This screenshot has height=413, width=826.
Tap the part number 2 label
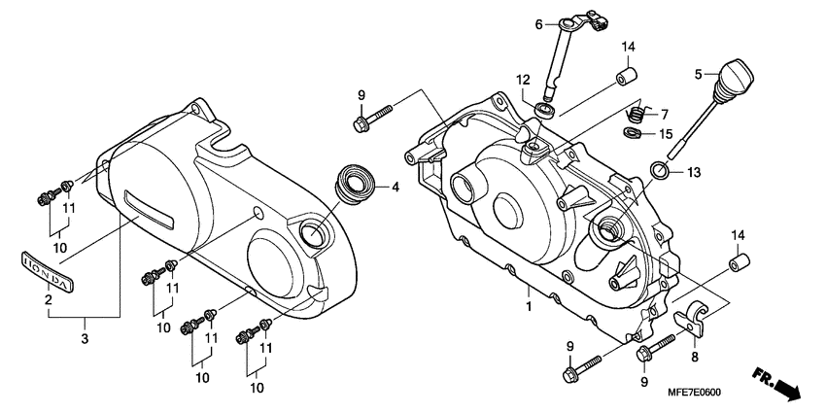click(x=47, y=300)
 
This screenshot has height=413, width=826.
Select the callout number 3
click(x=85, y=338)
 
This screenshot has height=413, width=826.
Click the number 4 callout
click(x=395, y=188)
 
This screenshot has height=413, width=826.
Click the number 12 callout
click(x=523, y=79)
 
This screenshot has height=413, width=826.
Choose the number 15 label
click(x=665, y=133)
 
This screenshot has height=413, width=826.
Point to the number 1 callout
click(x=529, y=307)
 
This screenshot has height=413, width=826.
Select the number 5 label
click(x=698, y=74)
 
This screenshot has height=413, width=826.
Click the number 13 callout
click(x=692, y=172)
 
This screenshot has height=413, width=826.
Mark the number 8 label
click(x=694, y=357)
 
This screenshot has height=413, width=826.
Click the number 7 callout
click(x=665, y=113)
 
